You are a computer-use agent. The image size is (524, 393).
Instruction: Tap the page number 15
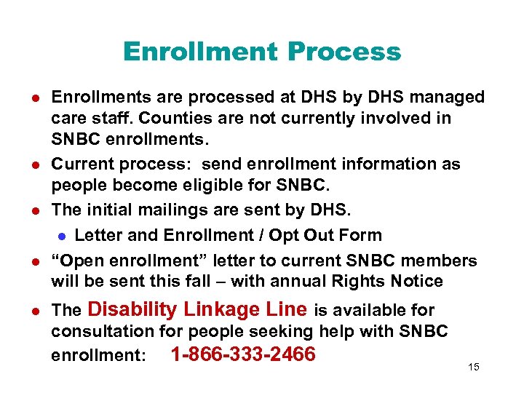click(x=474, y=367)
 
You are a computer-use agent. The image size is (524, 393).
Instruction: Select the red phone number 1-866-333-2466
click(x=242, y=354)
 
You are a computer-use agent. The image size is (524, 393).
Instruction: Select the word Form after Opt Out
click(x=360, y=235)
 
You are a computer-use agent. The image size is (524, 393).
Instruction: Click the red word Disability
click(x=133, y=309)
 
